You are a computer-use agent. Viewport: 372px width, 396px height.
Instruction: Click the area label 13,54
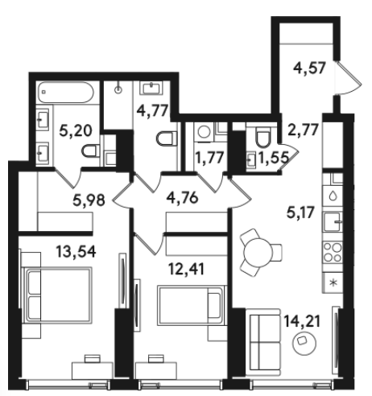click(76, 252)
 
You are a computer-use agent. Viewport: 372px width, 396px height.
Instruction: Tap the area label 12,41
click(187, 269)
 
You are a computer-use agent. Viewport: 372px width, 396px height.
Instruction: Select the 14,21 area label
click(302, 321)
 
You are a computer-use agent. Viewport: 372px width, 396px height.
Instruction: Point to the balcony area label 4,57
click(309, 68)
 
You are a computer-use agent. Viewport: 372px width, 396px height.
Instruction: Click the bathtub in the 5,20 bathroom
click(66, 93)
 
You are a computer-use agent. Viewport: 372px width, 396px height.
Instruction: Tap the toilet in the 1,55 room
click(263, 137)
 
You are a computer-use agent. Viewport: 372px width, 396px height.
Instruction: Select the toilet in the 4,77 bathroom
click(167, 138)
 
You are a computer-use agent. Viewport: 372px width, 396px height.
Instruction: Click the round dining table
click(258, 252)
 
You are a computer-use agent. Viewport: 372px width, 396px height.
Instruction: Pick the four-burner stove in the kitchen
click(333, 252)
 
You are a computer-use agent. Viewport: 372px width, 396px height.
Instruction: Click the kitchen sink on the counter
click(333, 221)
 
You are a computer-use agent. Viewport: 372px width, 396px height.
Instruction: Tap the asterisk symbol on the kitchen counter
click(333, 283)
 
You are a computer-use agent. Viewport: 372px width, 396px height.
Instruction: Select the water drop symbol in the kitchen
click(333, 196)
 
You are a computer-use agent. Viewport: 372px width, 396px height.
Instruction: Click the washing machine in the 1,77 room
click(205, 132)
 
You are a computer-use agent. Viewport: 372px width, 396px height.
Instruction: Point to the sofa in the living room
click(265, 342)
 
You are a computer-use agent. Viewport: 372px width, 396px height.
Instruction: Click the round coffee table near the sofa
click(304, 342)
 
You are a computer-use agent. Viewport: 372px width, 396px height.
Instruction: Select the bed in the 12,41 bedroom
click(191, 306)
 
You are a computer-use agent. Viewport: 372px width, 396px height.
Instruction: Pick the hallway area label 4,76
click(183, 198)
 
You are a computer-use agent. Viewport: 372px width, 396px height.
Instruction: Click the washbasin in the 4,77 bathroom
click(152, 89)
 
